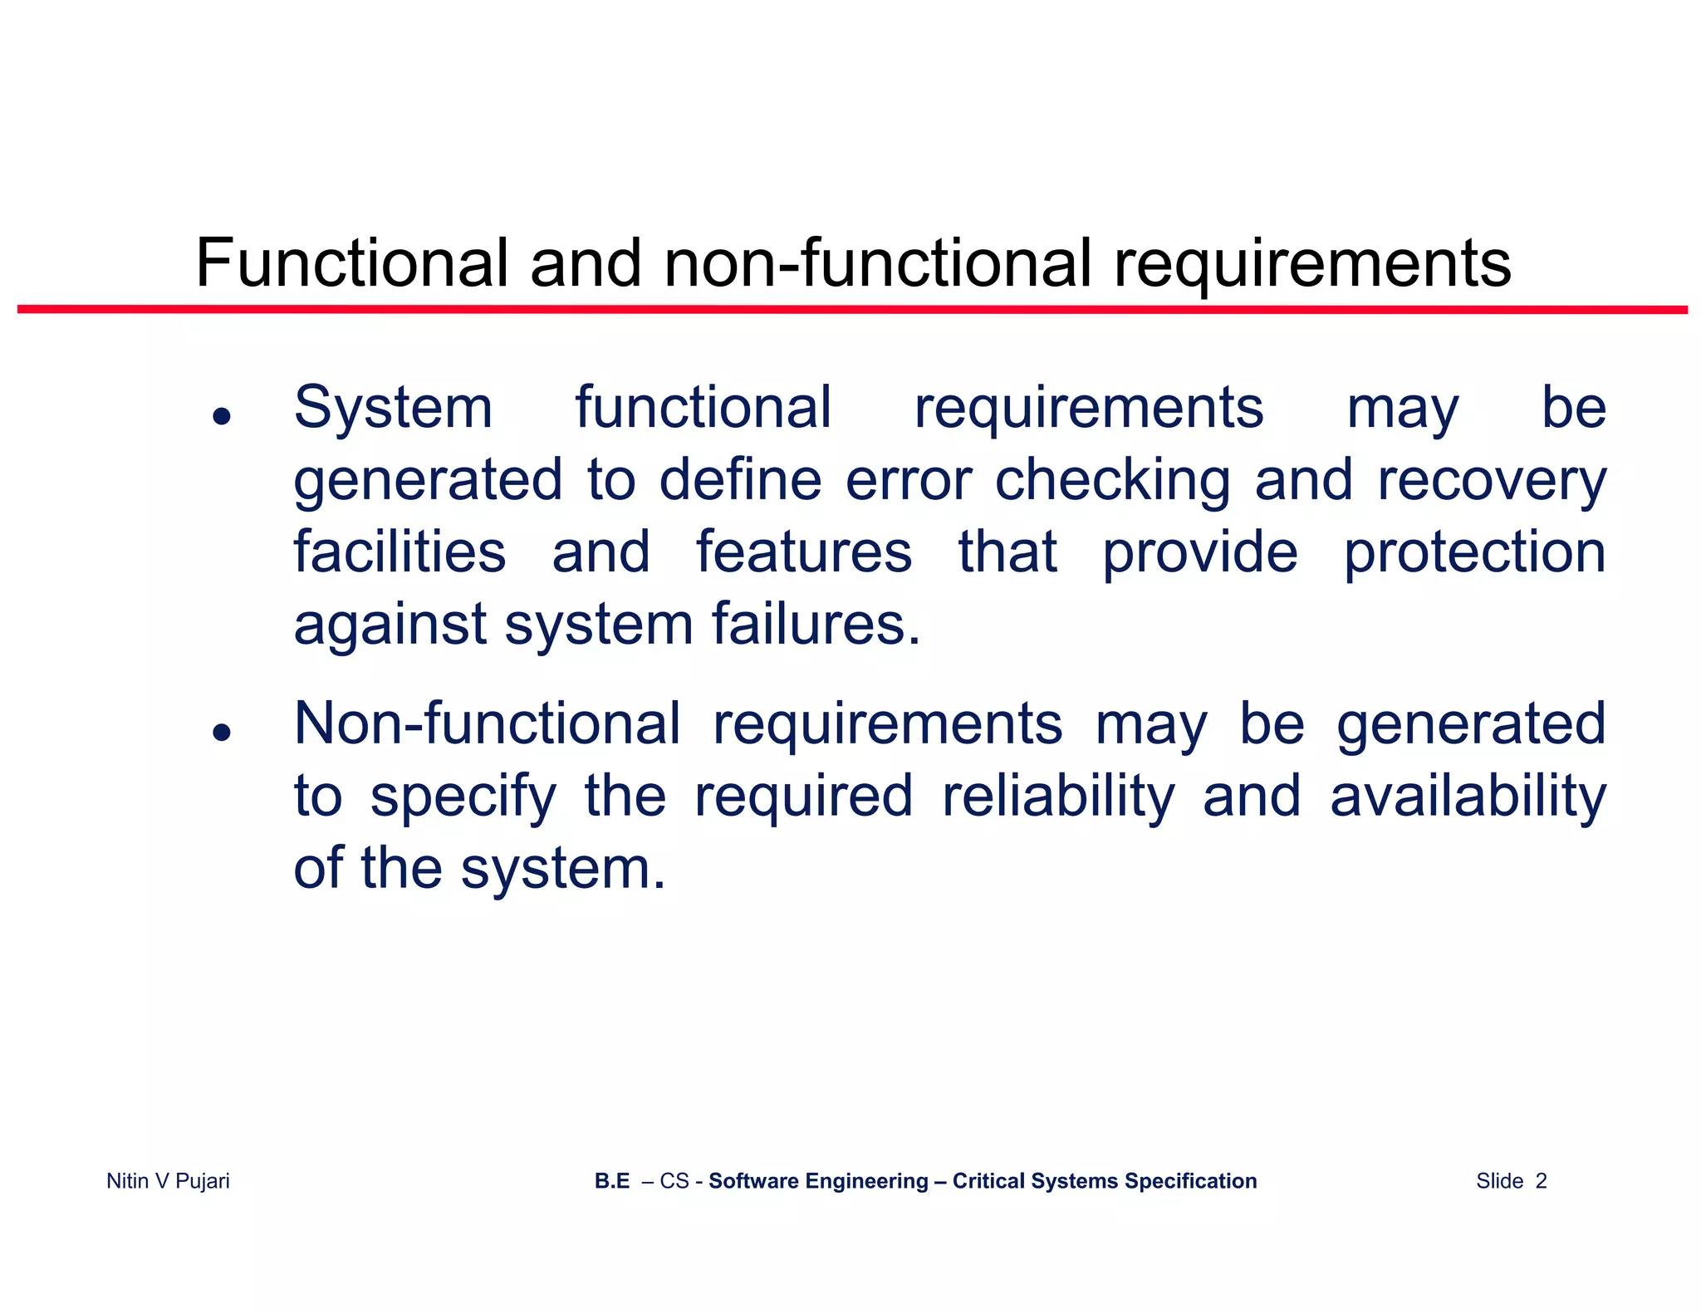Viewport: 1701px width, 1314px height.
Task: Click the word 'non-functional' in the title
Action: (x=877, y=263)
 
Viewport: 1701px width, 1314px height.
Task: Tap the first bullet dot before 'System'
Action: (x=221, y=415)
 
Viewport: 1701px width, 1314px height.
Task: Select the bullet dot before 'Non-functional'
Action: (x=221, y=732)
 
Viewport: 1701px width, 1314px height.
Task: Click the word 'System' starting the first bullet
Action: (x=394, y=409)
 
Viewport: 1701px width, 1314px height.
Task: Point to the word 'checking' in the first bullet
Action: (x=1113, y=481)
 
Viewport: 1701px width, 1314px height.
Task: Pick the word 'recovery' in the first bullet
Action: (x=1492, y=481)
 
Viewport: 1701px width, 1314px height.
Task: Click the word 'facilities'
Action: (x=400, y=552)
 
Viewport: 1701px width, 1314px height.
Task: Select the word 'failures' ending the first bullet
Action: (x=816, y=625)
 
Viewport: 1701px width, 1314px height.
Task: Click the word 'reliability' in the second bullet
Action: (x=1059, y=797)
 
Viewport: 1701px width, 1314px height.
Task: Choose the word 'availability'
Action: (x=1468, y=797)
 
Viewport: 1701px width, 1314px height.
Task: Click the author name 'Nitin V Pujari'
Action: (x=168, y=1181)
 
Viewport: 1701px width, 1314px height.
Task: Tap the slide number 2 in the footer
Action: (x=1541, y=1181)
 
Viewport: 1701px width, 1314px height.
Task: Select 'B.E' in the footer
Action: (x=612, y=1181)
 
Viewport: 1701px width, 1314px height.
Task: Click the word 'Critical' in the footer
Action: (x=988, y=1181)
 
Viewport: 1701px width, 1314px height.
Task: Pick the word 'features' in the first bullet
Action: (x=804, y=552)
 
